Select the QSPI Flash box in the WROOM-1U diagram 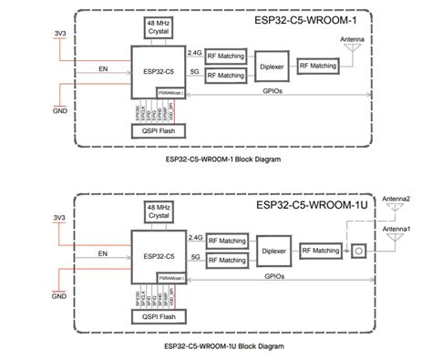point(152,317)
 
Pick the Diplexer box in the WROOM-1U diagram point(270,252)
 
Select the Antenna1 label point(395,228)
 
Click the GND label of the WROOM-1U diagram point(60,296)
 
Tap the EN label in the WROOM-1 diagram point(101,66)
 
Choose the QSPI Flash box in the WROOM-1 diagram point(152,130)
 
